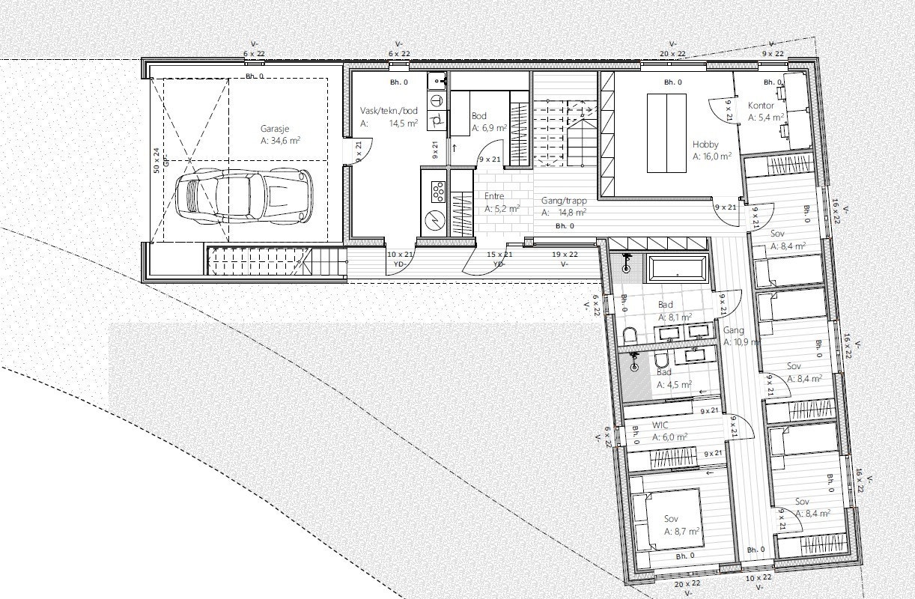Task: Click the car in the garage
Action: point(243,197)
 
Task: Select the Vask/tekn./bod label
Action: point(388,110)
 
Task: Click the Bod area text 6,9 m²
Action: point(489,128)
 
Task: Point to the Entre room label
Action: point(495,197)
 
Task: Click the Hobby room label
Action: point(706,145)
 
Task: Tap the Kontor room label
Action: point(761,106)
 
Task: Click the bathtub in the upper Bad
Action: point(677,269)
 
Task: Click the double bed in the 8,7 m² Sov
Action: point(666,520)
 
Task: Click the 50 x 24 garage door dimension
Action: point(156,159)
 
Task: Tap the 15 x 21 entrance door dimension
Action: point(499,255)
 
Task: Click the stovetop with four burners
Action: point(434,191)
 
